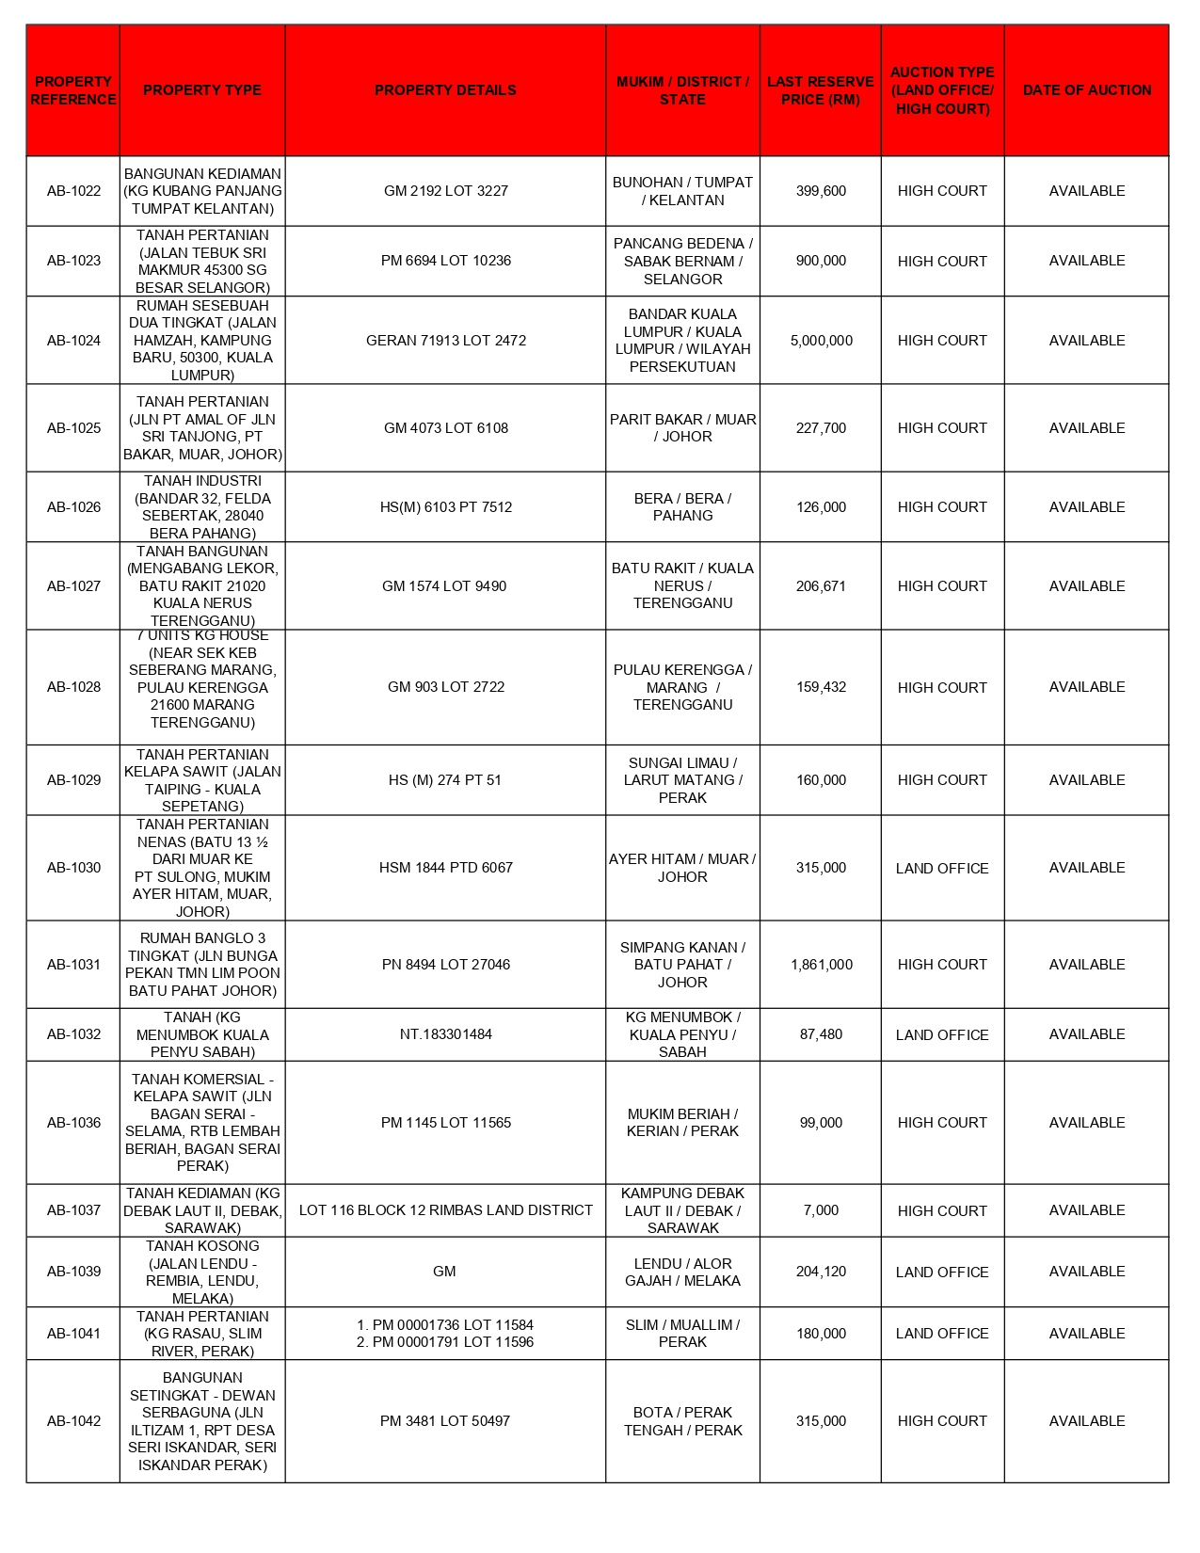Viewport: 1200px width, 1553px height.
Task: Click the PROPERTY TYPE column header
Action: coord(202,90)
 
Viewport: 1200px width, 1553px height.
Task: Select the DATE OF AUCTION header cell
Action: coord(1086,90)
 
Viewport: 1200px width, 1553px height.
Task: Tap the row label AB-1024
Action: coord(73,341)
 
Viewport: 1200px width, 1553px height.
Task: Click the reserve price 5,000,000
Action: coord(821,341)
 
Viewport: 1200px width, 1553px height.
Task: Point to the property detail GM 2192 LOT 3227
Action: coord(445,191)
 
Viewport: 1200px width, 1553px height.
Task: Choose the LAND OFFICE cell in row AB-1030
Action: coord(942,869)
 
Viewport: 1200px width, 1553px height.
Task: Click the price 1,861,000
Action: coord(821,965)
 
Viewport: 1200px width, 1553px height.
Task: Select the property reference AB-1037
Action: coord(73,1210)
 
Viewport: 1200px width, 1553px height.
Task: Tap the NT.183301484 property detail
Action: coord(445,1034)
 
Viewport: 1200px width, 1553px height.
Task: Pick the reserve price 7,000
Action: coord(821,1210)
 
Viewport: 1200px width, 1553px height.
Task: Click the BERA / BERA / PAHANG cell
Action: coord(682,507)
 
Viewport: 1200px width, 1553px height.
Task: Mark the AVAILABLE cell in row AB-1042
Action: coord(1086,1421)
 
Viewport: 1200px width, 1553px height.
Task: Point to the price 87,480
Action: coord(821,1034)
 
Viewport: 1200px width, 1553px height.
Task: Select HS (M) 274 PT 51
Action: coord(445,780)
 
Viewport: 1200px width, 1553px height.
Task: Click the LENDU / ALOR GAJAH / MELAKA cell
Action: coord(682,1273)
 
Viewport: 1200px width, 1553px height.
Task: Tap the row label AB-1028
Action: coord(73,687)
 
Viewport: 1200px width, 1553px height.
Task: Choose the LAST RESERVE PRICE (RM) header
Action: coord(821,90)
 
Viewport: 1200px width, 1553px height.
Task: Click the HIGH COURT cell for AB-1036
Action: coord(942,1123)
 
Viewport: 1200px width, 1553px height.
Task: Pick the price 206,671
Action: coord(821,586)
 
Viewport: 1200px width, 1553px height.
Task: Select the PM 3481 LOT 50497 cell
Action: coord(445,1421)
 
